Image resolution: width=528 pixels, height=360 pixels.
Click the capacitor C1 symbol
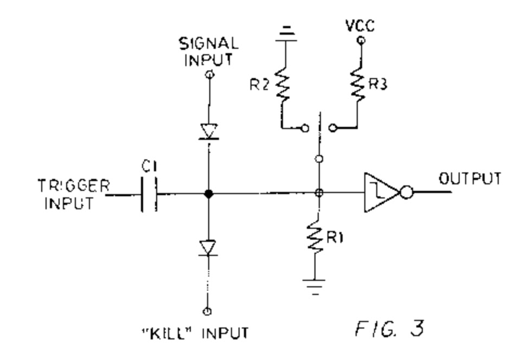point(149,194)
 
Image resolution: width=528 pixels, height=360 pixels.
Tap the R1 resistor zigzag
point(315,237)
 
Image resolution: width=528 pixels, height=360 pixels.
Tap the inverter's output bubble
point(407,192)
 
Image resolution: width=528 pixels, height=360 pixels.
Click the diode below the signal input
point(209,131)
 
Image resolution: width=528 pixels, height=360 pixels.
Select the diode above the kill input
point(208,248)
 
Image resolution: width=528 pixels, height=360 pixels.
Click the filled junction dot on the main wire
point(209,194)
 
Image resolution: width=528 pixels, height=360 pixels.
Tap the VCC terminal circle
point(361,41)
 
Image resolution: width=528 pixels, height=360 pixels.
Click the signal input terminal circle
point(210,74)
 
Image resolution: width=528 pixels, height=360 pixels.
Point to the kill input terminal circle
point(208,311)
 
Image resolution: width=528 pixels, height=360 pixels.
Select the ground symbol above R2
point(286,34)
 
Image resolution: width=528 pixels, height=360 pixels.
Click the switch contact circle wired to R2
point(305,128)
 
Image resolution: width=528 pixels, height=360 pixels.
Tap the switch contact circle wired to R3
point(333,127)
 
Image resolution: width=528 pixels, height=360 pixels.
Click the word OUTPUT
point(470,178)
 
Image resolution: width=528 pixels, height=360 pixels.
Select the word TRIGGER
point(74,185)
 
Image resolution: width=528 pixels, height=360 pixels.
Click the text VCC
point(360,25)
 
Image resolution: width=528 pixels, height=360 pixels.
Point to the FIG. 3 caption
point(390,329)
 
